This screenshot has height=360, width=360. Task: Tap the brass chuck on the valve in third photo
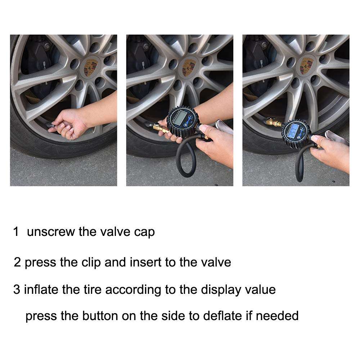coord(273,123)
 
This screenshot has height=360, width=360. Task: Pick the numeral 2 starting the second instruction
coord(17,262)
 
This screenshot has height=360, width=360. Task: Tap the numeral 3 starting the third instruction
coord(17,290)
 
